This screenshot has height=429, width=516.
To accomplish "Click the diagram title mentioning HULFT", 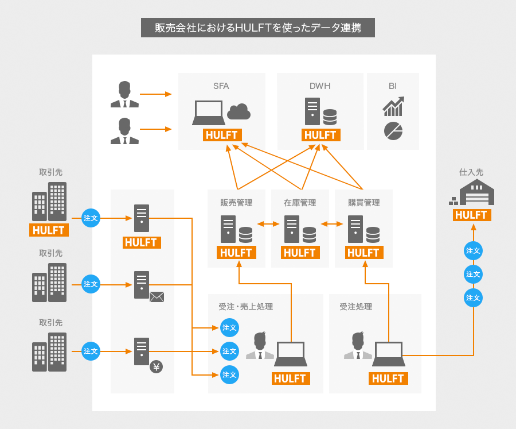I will pos(258,28).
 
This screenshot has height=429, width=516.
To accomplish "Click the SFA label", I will pos(221,86).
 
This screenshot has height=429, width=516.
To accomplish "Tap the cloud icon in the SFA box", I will pos(239,111).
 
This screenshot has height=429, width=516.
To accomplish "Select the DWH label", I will pos(320,86).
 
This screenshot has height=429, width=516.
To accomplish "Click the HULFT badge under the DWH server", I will pos(320,136).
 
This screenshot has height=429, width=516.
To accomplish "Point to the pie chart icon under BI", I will pos(393,130).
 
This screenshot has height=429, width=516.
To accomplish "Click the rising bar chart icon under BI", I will pos(393,107).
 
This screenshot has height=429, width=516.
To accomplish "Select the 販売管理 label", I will pos(236,203).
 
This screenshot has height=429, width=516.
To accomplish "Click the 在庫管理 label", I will pos(300,203).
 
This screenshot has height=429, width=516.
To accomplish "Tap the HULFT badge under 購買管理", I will pos(363,253).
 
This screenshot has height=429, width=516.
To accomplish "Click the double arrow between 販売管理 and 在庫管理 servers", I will pos(268,224).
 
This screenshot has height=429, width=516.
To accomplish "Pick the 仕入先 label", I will pos(471,172).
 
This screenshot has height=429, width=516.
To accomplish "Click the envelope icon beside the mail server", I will pos(157,296).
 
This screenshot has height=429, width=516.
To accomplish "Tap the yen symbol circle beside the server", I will pos(156,366).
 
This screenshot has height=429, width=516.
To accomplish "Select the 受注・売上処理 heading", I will pos(245,307).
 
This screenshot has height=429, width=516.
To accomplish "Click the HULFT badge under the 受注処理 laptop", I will pos(388,378).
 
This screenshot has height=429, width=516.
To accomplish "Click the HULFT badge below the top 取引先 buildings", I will pos(49,230).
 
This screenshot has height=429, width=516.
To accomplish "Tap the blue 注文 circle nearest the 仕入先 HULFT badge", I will pos(473,250).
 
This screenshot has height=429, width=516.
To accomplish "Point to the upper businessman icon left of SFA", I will pos(124,95).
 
